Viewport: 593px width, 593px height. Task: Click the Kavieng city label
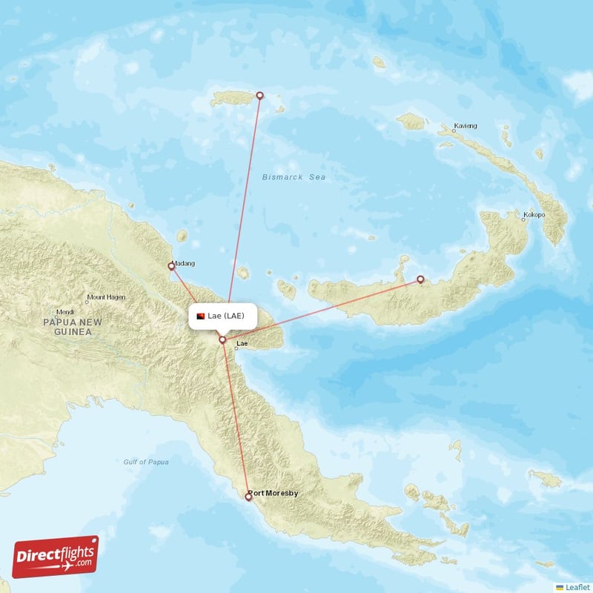466,126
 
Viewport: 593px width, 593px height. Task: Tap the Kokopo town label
534,216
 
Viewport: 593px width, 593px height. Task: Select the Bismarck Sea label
294,177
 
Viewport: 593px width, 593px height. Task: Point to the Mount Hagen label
106,298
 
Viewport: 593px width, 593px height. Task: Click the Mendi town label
65,312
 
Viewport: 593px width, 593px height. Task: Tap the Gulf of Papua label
146,462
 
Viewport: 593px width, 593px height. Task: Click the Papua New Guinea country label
72,327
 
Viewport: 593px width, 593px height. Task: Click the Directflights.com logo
56,557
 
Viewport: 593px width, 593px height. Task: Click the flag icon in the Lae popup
200,317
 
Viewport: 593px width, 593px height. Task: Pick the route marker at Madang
171,266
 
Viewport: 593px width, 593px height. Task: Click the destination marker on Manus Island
259,95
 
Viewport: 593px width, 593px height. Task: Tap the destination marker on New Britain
420,279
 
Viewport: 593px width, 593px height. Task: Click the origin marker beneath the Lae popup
222,339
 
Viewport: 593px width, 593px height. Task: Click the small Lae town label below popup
241,345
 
